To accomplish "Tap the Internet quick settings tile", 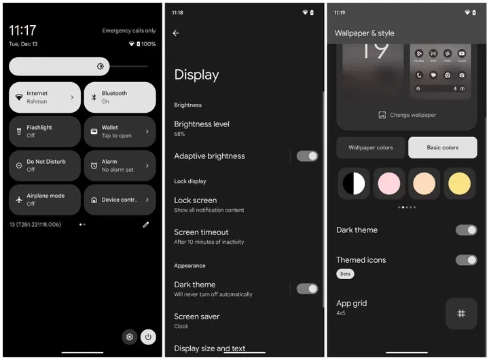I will pos(45,97).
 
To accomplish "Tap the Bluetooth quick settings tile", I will pos(120,97).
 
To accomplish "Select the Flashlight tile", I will pos(45,131).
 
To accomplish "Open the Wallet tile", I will pos(120,131).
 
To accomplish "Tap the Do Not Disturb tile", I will pos(45,166).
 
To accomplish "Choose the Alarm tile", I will pos(120,166).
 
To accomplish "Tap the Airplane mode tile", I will pos(45,200).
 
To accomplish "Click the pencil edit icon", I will pos(145,225).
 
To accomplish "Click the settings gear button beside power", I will pos(128,337).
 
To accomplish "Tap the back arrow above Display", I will pos(176,33).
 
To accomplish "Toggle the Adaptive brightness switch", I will pos(307,156).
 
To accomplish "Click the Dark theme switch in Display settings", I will pos(307,289).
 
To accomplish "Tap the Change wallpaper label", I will pos(407,115).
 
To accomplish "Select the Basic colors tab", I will pos(442,147).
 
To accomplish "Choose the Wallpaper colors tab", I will pos(371,147).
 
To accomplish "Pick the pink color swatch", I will pos(389,183).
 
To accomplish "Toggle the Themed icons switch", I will pos(466,260).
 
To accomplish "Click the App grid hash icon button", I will pos(461,313).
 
